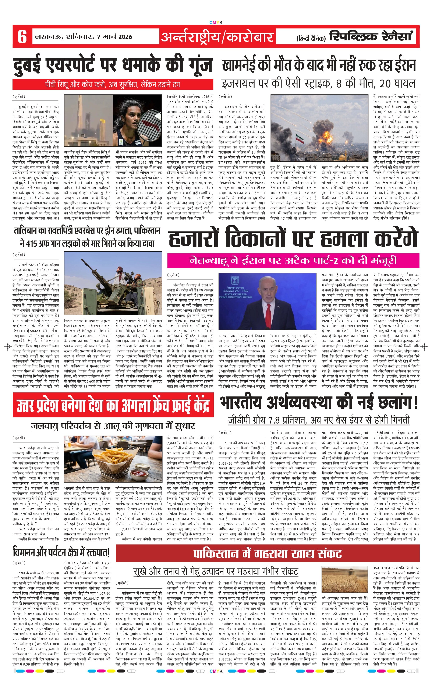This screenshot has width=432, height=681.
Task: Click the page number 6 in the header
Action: pyautogui.click(x=22, y=36)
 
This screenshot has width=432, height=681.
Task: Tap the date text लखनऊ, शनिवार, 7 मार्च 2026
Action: pyautogui.click(x=83, y=36)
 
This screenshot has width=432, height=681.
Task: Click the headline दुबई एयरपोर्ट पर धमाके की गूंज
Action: pyautogui.click(x=113, y=65)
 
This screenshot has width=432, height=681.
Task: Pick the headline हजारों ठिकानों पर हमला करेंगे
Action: pyautogui.click(x=293, y=239)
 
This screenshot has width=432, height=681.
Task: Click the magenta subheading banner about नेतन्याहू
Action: pyautogui.click(x=293, y=260)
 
